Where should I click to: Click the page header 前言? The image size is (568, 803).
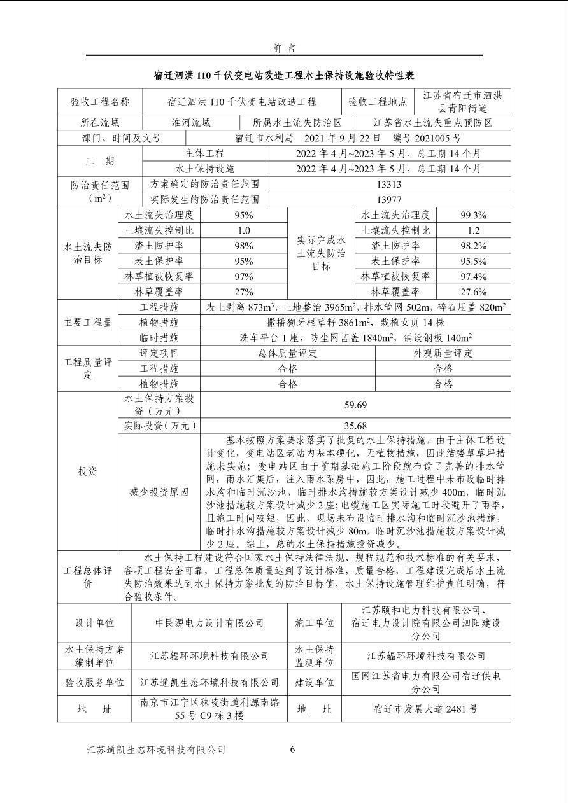[x=283, y=48]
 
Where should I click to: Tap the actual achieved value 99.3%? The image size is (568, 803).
[x=473, y=215]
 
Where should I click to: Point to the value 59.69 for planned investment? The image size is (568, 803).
[x=355, y=405]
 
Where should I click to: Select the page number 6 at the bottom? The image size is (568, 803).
[x=292, y=750]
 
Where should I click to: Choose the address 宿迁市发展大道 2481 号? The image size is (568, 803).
[x=426, y=709]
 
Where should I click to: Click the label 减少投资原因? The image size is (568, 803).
[x=159, y=492]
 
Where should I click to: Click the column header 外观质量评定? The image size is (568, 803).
[x=443, y=353]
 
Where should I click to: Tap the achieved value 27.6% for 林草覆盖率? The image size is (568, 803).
[x=473, y=292]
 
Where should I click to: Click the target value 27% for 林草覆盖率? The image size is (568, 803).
[x=243, y=292]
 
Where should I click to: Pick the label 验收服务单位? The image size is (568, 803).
[x=94, y=682]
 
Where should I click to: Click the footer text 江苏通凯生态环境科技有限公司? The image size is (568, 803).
[x=156, y=750]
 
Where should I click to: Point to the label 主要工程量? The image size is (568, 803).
[x=89, y=323]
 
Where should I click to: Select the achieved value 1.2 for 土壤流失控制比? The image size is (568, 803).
[x=473, y=230]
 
